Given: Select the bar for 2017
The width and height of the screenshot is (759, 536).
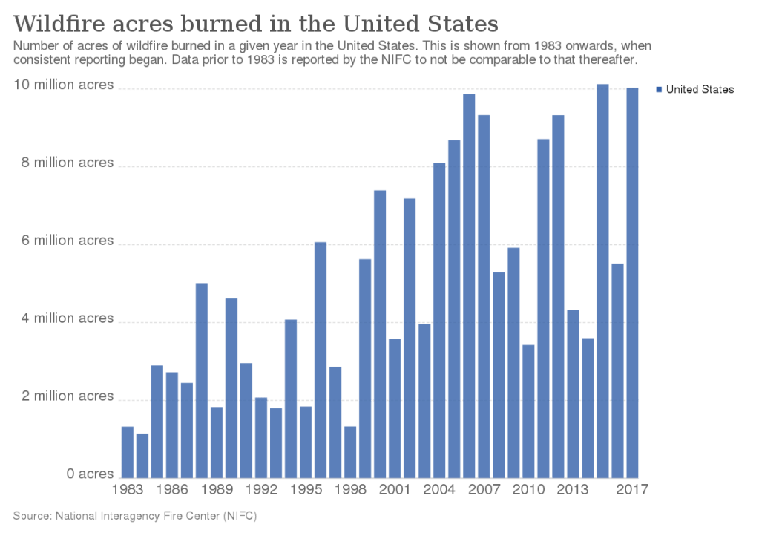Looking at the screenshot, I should [x=632, y=283].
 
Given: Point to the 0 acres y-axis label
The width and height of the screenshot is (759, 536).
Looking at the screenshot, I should [x=90, y=474].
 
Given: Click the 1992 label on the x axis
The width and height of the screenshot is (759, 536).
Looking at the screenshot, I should [x=261, y=490].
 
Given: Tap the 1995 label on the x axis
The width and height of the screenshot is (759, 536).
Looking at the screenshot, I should [x=306, y=490].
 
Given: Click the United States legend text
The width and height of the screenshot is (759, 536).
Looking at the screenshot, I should [x=700, y=89].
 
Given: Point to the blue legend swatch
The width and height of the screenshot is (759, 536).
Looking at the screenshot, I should [x=660, y=90].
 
